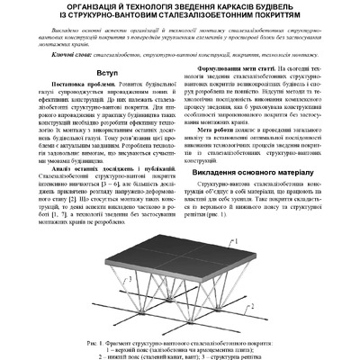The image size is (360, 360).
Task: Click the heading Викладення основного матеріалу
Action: [263, 171]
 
